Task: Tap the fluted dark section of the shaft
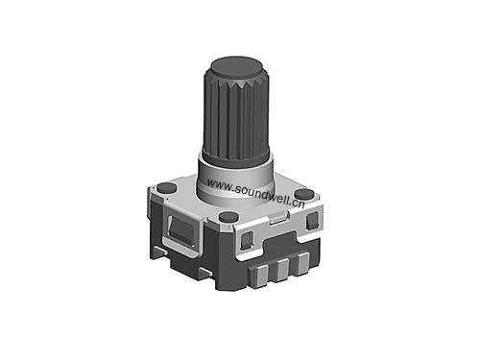(236, 115)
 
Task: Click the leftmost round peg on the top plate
(165, 186)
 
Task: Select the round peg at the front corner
(228, 218)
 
